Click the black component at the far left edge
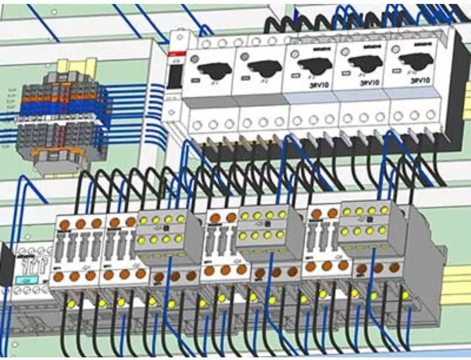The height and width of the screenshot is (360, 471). coord(6,264)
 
